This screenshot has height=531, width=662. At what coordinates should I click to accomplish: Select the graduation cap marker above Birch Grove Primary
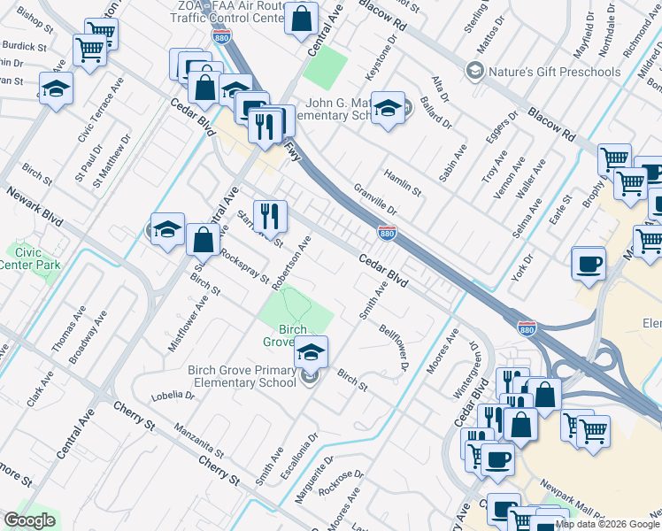click(311, 353)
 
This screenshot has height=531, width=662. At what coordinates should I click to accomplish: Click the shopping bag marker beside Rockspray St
click(204, 240)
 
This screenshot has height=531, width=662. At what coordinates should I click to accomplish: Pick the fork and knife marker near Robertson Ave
click(270, 216)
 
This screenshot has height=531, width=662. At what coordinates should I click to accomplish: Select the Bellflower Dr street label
click(393, 346)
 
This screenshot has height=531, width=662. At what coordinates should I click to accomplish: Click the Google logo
click(29, 520)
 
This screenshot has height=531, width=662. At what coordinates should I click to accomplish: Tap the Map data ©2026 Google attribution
click(607, 524)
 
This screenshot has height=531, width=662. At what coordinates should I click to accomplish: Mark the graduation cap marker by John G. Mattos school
click(387, 108)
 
